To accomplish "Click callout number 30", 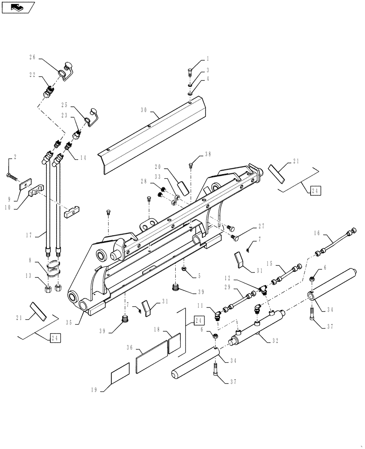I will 143,110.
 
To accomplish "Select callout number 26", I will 32,57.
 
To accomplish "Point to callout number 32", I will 275,340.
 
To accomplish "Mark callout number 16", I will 316,233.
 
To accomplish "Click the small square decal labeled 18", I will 174,345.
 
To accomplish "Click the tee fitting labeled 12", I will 263,290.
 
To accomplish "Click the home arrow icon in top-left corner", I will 18,7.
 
